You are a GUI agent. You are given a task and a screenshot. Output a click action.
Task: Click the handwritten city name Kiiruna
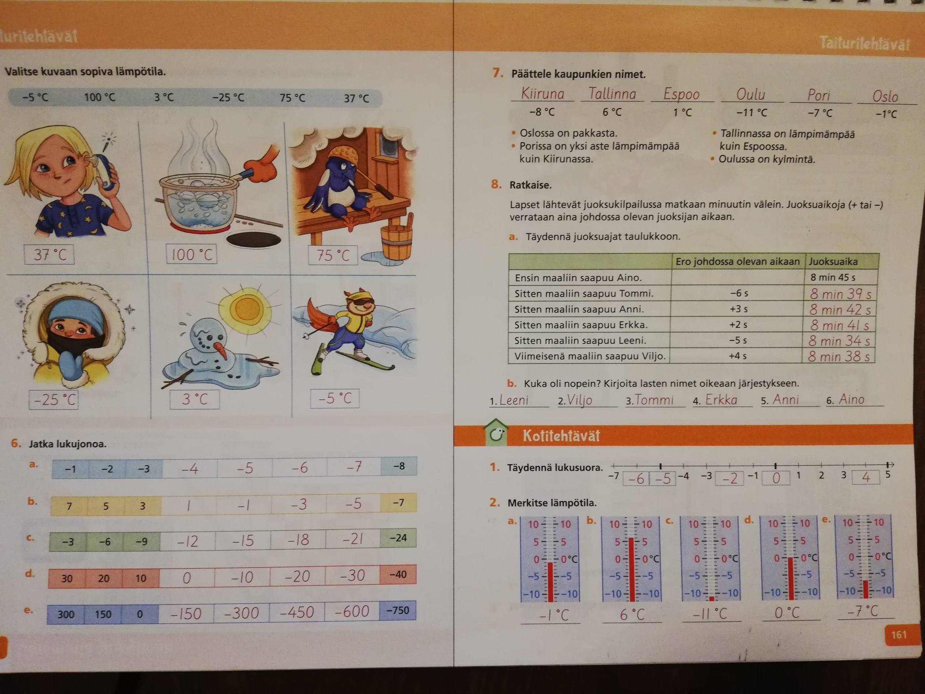tap(542, 93)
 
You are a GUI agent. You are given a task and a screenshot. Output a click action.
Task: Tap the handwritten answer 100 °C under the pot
tap(192, 254)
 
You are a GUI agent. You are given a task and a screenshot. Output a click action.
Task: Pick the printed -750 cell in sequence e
tap(398, 610)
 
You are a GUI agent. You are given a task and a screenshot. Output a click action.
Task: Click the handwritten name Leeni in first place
tap(514, 400)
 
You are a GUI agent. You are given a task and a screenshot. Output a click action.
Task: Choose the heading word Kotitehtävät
tap(561, 436)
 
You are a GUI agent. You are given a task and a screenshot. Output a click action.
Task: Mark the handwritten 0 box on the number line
tap(776, 478)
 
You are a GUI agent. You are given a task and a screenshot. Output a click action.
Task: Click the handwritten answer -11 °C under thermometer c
tap(710, 614)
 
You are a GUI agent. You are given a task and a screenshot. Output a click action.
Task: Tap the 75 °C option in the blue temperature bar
tap(292, 98)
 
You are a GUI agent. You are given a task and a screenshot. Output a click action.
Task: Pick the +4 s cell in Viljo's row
tap(737, 356)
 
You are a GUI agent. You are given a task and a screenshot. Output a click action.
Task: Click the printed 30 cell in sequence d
tap(67, 579)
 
